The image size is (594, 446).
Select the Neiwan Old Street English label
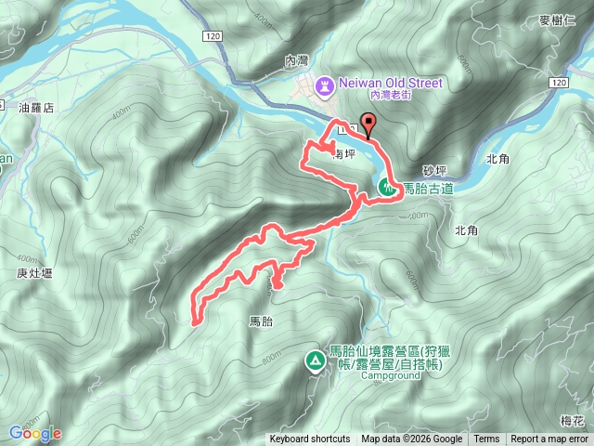point(392,83)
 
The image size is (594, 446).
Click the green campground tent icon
point(315,359)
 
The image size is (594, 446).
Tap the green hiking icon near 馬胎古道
point(387,188)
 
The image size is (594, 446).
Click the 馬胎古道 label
point(428,189)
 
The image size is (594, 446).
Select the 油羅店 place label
point(37,108)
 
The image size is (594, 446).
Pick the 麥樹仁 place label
point(558,20)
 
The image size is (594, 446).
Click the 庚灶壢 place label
point(34,273)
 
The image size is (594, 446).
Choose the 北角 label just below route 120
point(497,159)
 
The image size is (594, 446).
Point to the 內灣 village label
point(296,59)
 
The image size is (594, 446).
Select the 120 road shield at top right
point(557,84)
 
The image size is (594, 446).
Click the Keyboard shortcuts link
point(310,439)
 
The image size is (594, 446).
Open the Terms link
point(486,439)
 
